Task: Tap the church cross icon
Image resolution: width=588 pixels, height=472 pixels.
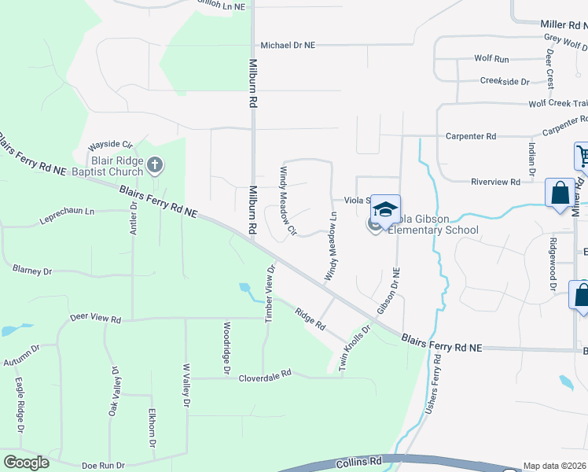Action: (x=156, y=164)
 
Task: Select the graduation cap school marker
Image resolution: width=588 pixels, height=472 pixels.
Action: (x=385, y=208)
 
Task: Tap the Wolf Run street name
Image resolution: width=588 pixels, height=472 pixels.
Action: (x=491, y=59)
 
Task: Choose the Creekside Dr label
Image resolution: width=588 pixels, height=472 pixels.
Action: (x=505, y=82)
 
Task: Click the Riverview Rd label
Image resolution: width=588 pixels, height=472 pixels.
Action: (x=495, y=182)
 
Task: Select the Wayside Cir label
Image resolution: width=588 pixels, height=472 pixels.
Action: (x=110, y=145)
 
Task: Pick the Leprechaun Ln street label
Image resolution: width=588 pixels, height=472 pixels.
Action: (x=67, y=212)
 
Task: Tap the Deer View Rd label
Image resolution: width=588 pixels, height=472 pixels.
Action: (x=95, y=319)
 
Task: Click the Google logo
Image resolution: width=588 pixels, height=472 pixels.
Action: (x=26, y=463)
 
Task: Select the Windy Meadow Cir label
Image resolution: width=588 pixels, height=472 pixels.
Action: (x=286, y=201)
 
